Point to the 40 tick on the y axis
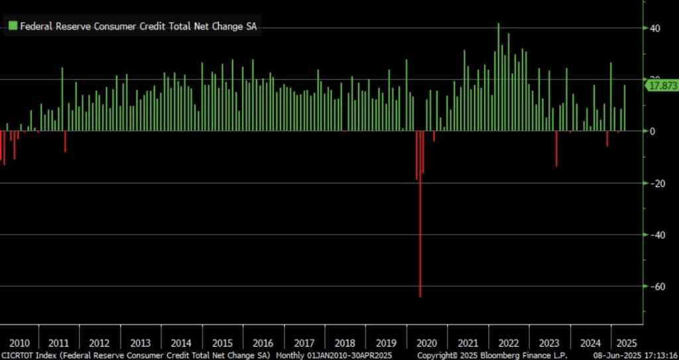(655, 28)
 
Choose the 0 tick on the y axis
(652, 131)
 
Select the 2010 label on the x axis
(19, 343)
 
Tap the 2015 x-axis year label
(221, 343)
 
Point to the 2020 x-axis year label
(426, 343)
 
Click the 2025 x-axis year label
(626, 343)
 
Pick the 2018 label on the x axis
(344, 343)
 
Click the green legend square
(12, 27)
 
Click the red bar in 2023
(556, 149)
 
